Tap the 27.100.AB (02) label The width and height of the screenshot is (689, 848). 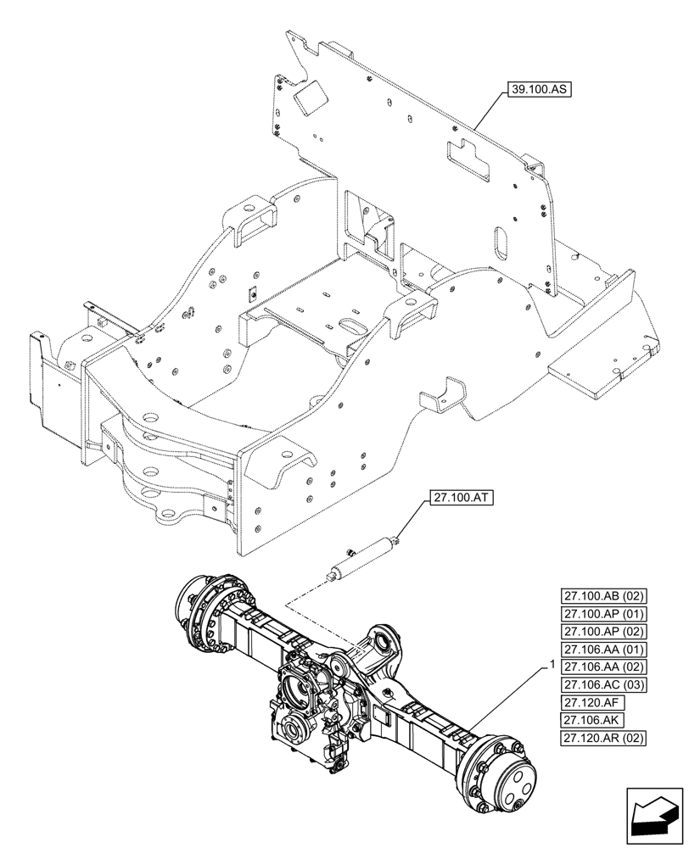point(602,596)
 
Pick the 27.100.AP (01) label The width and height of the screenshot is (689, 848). point(602,614)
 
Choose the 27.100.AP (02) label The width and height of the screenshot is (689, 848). point(602,632)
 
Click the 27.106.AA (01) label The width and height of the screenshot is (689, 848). point(602,650)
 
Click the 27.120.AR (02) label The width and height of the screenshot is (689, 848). point(602,738)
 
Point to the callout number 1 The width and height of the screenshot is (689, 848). point(552,662)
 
